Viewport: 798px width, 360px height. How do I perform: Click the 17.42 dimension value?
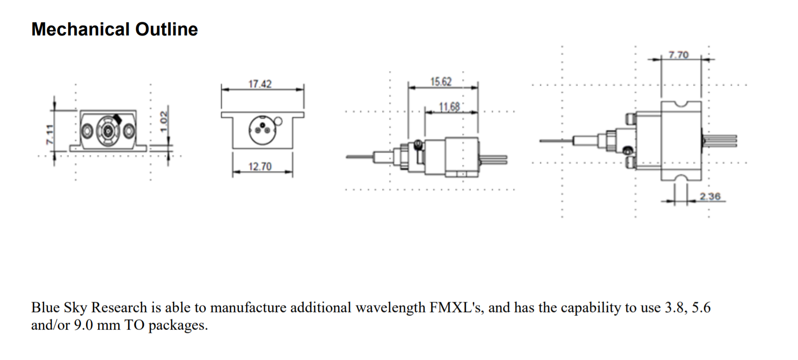tap(260, 84)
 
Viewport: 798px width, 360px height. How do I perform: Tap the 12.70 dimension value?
tap(260, 166)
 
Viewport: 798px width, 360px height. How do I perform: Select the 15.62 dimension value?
tap(441, 82)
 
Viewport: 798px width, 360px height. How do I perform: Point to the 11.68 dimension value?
tap(449, 107)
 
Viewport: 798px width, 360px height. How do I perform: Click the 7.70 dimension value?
tap(679, 55)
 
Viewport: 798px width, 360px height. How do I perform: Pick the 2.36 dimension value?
tap(710, 196)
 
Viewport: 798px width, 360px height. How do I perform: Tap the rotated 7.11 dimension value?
tap(50, 134)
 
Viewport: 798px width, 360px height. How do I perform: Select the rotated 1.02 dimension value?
tap(164, 121)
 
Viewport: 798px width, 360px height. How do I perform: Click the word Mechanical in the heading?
tap(81, 30)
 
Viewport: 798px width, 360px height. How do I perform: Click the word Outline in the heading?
tap(166, 30)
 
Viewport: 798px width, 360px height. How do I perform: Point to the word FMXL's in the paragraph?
tap(456, 308)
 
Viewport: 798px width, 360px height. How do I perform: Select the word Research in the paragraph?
tap(119, 308)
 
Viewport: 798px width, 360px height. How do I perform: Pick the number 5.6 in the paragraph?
tap(701, 308)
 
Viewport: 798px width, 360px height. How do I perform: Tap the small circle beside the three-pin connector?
tap(279, 121)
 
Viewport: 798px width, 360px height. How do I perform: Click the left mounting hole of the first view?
tap(87, 131)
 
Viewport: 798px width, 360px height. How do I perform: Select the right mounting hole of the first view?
tap(129, 131)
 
